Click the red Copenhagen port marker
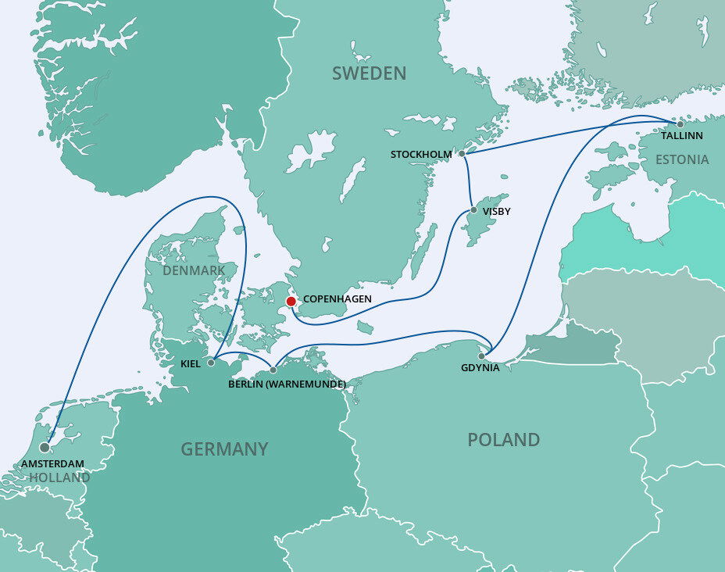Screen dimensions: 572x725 [x=291, y=301]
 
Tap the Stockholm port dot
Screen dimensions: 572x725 [x=462, y=154]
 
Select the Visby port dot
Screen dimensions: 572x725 [x=473, y=210]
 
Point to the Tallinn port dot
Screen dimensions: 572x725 [x=680, y=123]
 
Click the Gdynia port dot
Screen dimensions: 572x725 [x=482, y=356]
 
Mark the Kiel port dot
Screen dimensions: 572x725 [x=211, y=363]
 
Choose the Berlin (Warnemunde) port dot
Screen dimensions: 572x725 [x=273, y=370]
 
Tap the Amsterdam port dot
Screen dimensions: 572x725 [x=44, y=448]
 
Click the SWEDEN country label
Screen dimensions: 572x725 [x=369, y=73]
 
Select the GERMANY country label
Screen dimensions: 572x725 [x=224, y=449]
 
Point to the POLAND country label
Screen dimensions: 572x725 [x=503, y=440]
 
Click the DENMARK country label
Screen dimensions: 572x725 [x=195, y=270]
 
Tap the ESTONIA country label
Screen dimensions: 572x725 [x=682, y=160]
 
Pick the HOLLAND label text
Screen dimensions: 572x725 [x=59, y=477]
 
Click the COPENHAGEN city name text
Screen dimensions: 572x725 [x=337, y=299]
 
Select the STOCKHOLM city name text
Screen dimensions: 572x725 [x=421, y=155]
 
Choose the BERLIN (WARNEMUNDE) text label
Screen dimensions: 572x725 [x=287, y=384]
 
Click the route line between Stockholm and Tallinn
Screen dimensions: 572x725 [x=570, y=138]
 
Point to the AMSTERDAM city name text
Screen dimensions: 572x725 [x=53, y=464]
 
